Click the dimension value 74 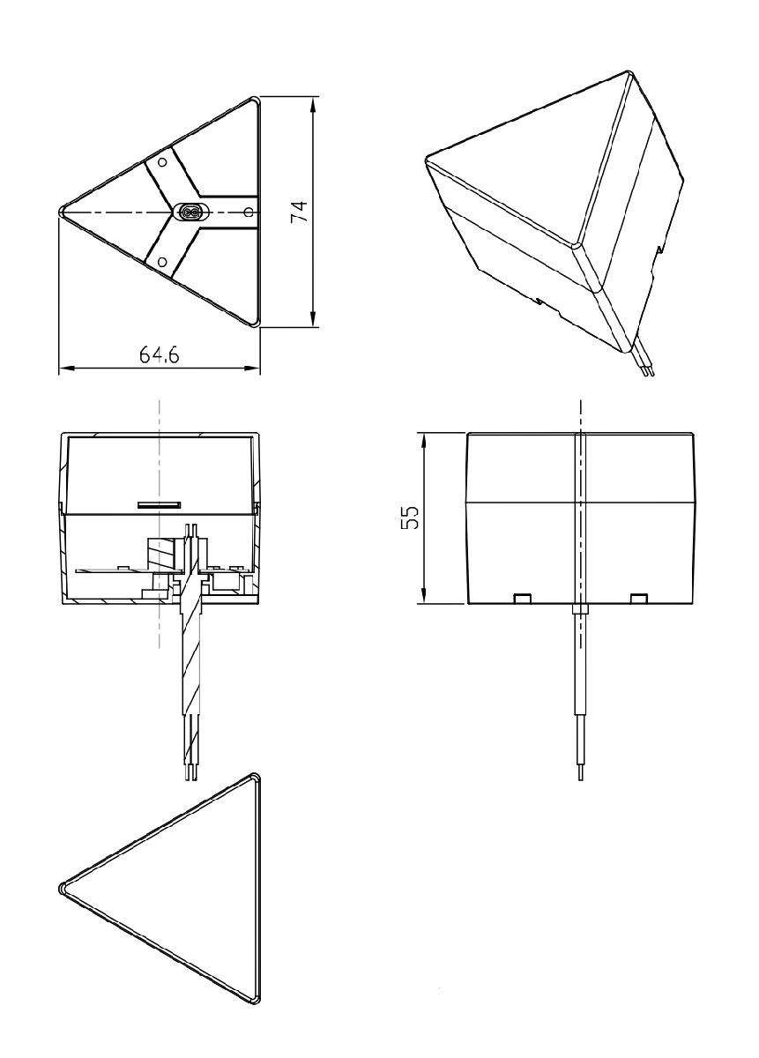pyautogui.click(x=300, y=212)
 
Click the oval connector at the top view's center pyautogui.click(x=189, y=212)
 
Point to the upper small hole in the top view pyautogui.click(x=162, y=163)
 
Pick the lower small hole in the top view pyautogui.click(x=162, y=261)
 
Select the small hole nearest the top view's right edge pyautogui.click(x=248, y=212)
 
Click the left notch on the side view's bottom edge pyautogui.click(x=522, y=599)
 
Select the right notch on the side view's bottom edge pyautogui.click(x=640, y=599)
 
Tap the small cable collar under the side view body pyautogui.click(x=580, y=608)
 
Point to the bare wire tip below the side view pyautogui.click(x=580, y=773)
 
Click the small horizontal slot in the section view pyautogui.click(x=159, y=505)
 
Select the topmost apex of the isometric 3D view pyautogui.click(x=629, y=73)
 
